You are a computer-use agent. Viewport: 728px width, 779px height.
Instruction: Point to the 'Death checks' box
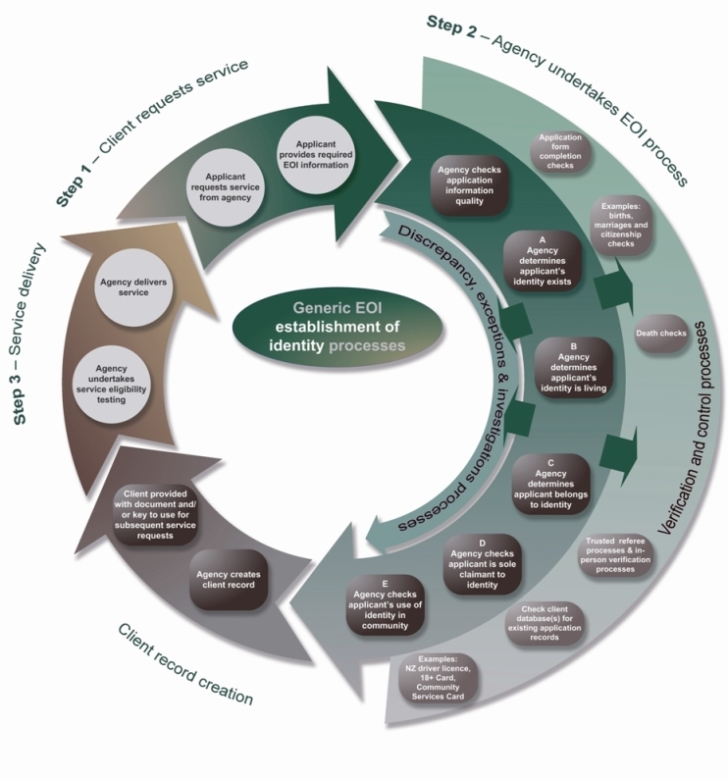pos(660,335)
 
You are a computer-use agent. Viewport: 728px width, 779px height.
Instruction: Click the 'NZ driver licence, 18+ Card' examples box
pos(439,676)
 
